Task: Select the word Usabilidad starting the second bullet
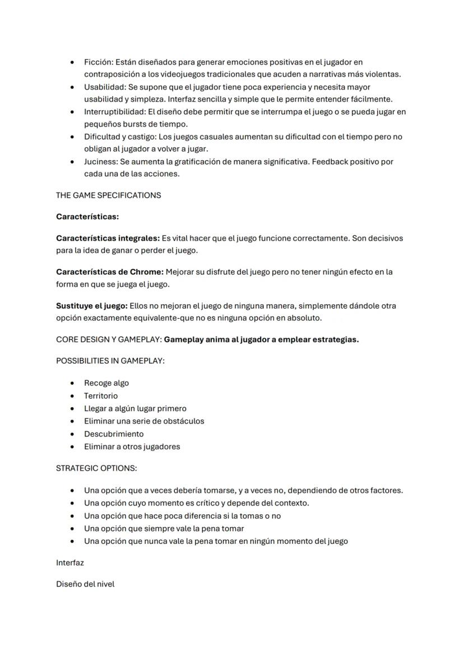click(105, 87)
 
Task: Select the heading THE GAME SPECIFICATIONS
click(108, 195)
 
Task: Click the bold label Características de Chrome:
click(110, 272)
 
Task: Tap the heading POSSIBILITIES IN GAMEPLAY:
click(110, 361)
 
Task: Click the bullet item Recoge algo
click(106, 383)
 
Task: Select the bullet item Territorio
click(101, 396)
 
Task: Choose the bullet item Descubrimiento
click(114, 434)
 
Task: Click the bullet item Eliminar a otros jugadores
click(132, 446)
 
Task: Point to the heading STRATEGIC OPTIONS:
click(96, 468)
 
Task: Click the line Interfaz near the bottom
click(70, 562)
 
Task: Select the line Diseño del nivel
click(85, 584)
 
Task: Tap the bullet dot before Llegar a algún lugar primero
click(73, 408)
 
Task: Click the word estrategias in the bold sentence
click(335, 339)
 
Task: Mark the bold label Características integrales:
click(108, 238)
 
